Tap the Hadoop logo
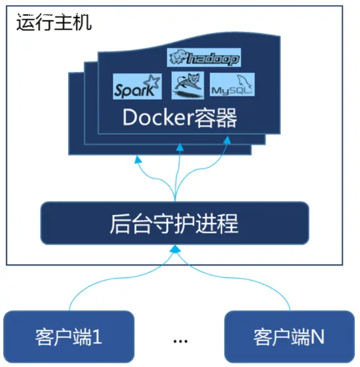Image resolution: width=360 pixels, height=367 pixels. [204, 58]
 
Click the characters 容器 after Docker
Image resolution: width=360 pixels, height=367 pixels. [217, 119]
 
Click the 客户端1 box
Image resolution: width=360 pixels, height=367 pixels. [69, 336]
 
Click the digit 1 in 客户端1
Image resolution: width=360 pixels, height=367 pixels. [98, 337]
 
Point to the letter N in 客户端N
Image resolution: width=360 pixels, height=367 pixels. [317, 337]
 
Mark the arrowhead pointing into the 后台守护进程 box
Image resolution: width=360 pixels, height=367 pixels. [174, 250]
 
